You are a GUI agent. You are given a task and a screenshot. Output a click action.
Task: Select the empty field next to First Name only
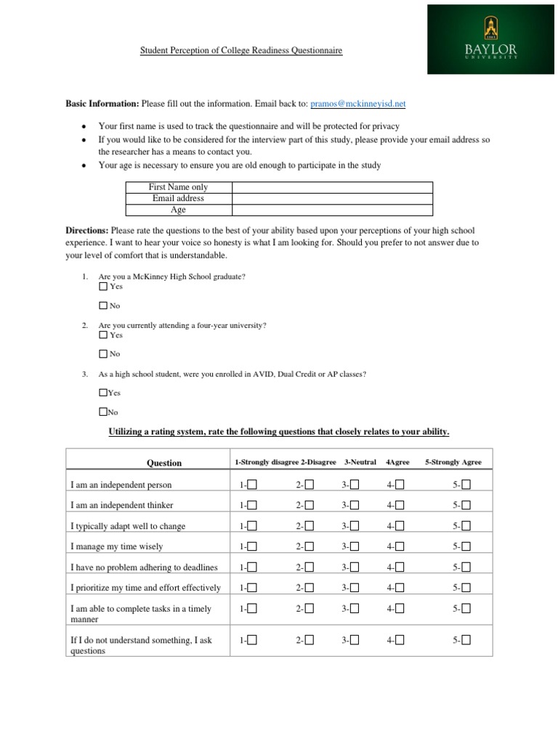coord(332,187)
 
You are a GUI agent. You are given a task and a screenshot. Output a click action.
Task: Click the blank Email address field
coord(332,198)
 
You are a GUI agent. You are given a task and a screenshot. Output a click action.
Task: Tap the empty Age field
coord(332,210)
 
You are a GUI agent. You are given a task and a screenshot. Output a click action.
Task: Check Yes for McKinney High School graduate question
coord(103,287)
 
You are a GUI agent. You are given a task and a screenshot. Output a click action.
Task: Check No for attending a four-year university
coord(103,354)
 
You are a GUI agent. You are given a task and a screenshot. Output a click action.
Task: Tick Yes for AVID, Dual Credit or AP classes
coord(102,393)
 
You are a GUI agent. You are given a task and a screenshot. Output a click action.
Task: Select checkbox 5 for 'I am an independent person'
coord(466,485)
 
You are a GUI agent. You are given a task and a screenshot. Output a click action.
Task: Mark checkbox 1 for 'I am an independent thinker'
coord(252,505)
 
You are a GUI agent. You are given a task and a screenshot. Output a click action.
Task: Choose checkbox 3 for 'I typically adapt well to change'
coord(355,526)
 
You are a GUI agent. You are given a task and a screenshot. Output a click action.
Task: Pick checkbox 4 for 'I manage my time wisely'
coord(400,546)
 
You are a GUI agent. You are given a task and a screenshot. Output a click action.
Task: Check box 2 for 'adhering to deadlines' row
coord(310,567)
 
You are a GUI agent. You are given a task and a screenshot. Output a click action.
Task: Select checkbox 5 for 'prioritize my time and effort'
coord(466,588)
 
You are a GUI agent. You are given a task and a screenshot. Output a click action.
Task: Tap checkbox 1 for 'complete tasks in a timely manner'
coord(252,609)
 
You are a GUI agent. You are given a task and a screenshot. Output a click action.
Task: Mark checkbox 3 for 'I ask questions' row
coord(355,639)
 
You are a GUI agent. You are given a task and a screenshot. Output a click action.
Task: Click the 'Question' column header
coord(164,463)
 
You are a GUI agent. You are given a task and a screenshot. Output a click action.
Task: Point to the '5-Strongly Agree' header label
coord(453,462)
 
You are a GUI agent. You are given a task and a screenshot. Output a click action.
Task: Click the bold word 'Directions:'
coord(87,230)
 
